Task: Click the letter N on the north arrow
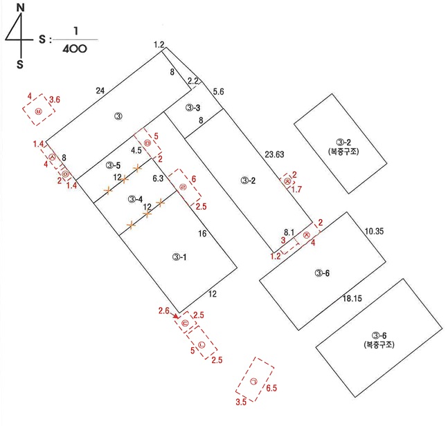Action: click(x=21, y=8)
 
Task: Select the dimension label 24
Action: click(x=101, y=90)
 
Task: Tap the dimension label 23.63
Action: click(x=276, y=154)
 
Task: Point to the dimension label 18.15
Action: click(x=354, y=298)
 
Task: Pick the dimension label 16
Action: click(x=203, y=234)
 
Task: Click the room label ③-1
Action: click(x=180, y=257)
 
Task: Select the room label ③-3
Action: click(x=193, y=108)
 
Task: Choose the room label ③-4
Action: click(x=136, y=199)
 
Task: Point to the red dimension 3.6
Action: click(x=53, y=100)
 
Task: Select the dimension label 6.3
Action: click(x=157, y=178)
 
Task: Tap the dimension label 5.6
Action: click(x=218, y=91)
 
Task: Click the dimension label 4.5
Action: click(x=136, y=149)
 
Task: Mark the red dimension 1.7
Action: click(x=296, y=189)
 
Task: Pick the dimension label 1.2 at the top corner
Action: click(x=159, y=45)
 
